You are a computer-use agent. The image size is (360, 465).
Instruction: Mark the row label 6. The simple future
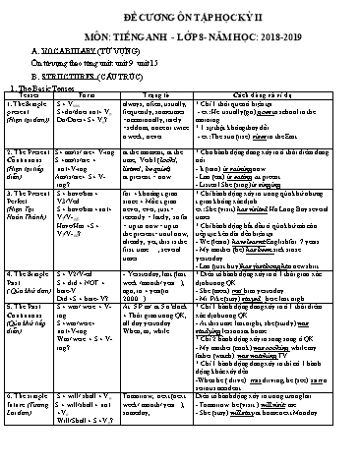pyautogui.click(x=39, y=404)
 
